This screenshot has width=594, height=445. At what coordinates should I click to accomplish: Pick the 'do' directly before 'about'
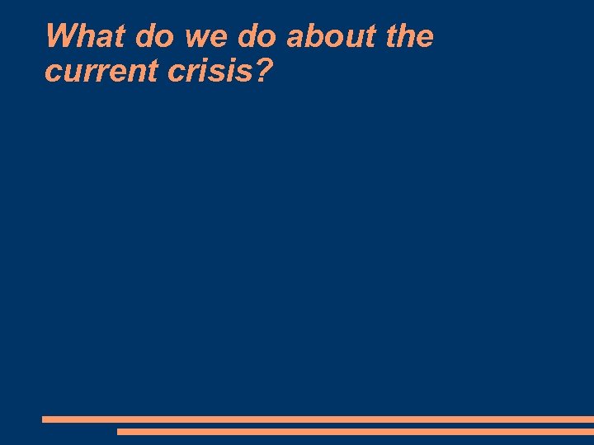(x=257, y=37)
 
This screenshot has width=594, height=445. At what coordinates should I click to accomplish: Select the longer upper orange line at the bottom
(x=318, y=419)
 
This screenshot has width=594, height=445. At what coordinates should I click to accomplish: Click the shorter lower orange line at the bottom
(x=355, y=431)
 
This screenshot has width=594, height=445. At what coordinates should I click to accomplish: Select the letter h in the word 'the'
(x=409, y=37)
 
